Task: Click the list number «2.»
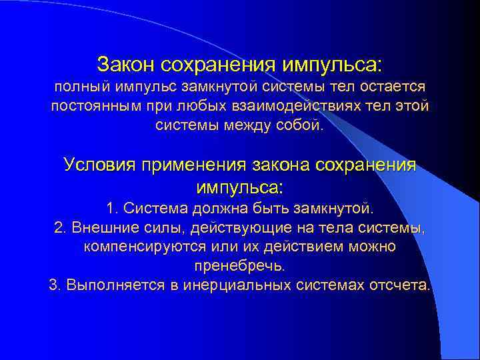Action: click(60, 228)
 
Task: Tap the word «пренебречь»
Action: click(238, 266)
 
